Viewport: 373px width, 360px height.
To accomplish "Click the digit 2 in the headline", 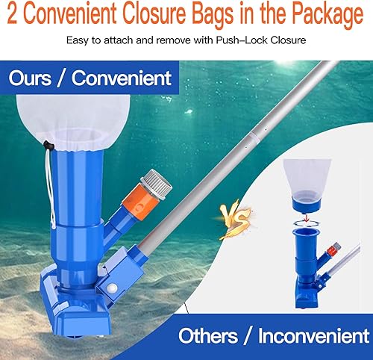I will tap(13, 14).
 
